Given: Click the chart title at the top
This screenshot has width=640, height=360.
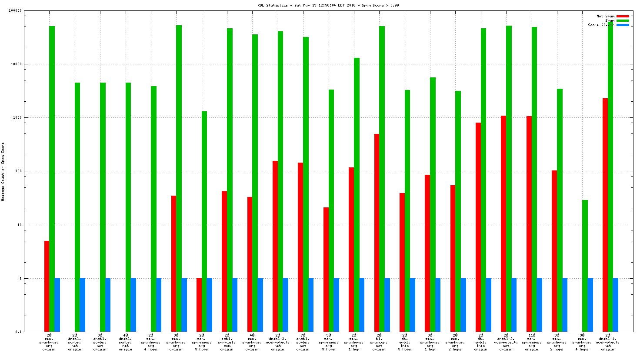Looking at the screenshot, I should click(328, 5).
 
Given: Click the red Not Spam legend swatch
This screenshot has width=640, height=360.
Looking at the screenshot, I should click(623, 16).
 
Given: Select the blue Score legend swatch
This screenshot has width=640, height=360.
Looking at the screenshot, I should click(623, 25).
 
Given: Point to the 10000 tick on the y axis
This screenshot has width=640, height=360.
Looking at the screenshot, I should click(16, 64).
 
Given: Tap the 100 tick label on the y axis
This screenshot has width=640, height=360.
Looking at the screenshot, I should click(18, 171).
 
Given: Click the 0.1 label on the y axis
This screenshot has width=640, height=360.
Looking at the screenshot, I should click(18, 332).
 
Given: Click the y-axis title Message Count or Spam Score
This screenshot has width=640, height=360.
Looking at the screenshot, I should click(3, 172).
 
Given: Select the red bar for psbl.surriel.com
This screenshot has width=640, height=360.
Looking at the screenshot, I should click(224, 261).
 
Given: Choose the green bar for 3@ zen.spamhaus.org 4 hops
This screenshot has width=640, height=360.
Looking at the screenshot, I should click(585, 265).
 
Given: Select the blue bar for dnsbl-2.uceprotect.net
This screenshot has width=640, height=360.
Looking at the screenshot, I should click(514, 305).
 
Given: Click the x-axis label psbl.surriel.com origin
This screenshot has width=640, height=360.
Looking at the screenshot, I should click(227, 342).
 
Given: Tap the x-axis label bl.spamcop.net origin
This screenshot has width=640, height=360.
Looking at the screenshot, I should click(379, 342).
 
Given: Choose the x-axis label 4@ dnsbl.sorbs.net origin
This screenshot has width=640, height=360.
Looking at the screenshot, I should click(125, 342).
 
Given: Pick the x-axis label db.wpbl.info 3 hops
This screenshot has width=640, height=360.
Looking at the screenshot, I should click(404, 342).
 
